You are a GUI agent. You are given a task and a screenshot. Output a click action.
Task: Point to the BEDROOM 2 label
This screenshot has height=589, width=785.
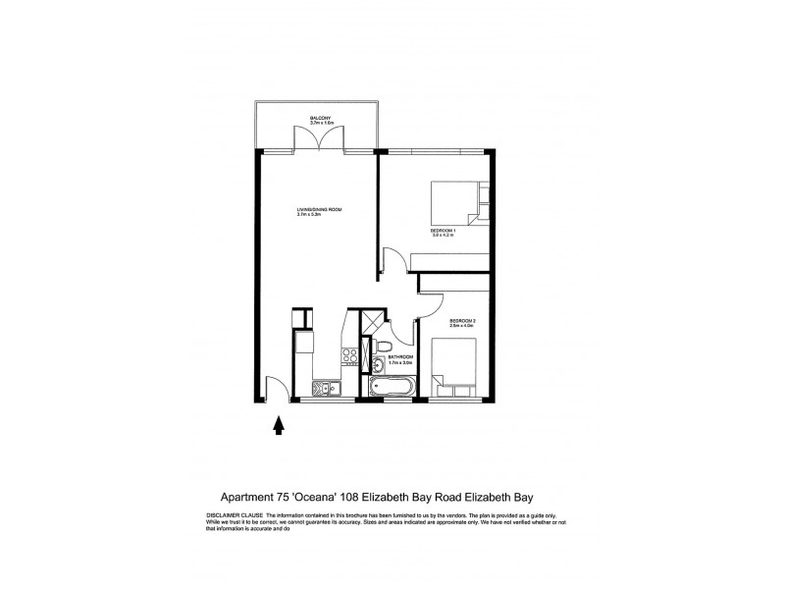coord(463,323)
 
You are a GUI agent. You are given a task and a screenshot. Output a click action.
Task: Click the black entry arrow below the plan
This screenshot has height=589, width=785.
coord(278,424)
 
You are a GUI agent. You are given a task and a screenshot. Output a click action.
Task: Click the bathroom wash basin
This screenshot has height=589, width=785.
coord(378,367)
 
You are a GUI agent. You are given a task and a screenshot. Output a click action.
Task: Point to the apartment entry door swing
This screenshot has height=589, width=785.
coord(276,389)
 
